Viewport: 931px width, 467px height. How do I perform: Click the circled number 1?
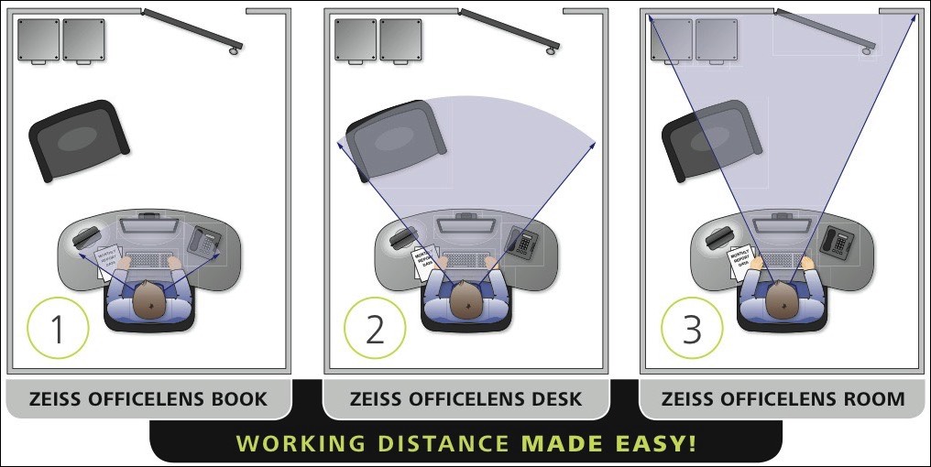coord(57,329)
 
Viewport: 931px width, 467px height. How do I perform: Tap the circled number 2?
coord(374,329)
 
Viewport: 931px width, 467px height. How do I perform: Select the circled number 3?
coord(691,329)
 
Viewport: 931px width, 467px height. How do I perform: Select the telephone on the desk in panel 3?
coord(838,242)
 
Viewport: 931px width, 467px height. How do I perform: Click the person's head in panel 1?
coord(149,299)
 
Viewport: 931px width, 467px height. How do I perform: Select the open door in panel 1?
coord(192,29)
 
